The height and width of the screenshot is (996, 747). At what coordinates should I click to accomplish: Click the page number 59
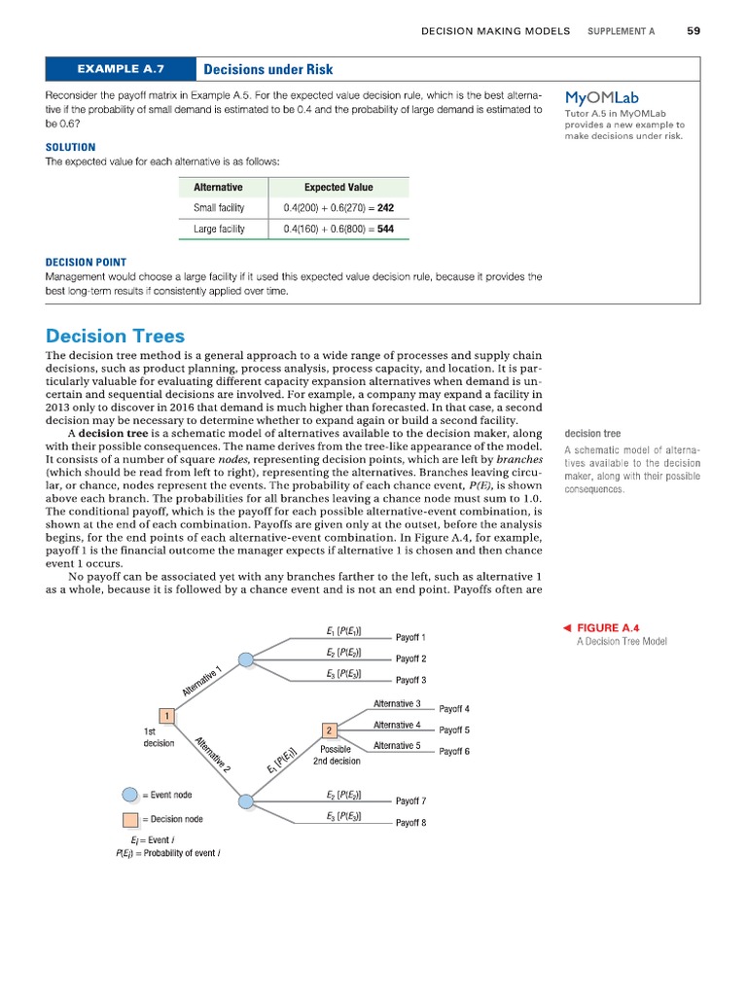point(693,31)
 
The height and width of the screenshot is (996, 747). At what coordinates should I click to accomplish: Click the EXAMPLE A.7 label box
point(121,69)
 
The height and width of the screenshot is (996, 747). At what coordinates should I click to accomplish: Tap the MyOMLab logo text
point(601,97)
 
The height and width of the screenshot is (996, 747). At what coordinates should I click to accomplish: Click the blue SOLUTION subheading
point(70,147)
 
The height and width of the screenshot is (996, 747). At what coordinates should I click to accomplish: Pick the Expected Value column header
point(338,187)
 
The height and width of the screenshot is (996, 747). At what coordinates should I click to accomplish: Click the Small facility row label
point(219,208)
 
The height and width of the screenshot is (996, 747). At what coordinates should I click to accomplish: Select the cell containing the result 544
point(338,230)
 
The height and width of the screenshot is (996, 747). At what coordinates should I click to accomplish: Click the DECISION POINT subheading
point(86,262)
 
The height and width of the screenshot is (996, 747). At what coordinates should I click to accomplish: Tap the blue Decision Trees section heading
point(115,336)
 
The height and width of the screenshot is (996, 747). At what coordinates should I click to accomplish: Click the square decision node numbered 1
point(167,717)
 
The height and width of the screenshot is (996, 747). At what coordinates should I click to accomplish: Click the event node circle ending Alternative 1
point(246,659)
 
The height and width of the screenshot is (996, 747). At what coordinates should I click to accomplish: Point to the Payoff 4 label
point(454,709)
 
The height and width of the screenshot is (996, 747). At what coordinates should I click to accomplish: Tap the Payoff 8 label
point(410,823)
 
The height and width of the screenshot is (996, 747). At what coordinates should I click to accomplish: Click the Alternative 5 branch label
point(397,746)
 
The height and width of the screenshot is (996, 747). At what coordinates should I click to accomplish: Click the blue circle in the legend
point(130,795)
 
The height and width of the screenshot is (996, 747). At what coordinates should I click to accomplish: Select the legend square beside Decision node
point(130,820)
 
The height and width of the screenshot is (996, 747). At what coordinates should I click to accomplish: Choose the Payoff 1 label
point(410,638)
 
